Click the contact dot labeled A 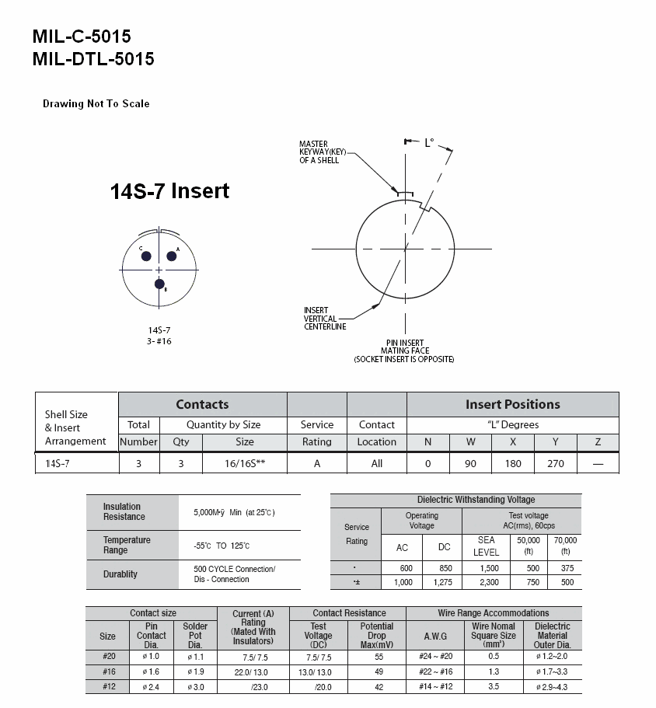click(x=172, y=256)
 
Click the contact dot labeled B click(x=159, y=284)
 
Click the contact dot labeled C click(x=146, y=256)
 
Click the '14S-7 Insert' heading click(x=169, y=191)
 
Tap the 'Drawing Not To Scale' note click(x=96, y=104)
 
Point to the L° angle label click(x=429, y=143)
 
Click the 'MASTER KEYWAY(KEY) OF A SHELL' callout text click(x=323, y=152)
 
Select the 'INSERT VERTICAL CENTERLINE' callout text click(x=325, y=319)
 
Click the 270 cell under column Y click(x=555, y=464)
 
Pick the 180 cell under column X click(x=513, y=464)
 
